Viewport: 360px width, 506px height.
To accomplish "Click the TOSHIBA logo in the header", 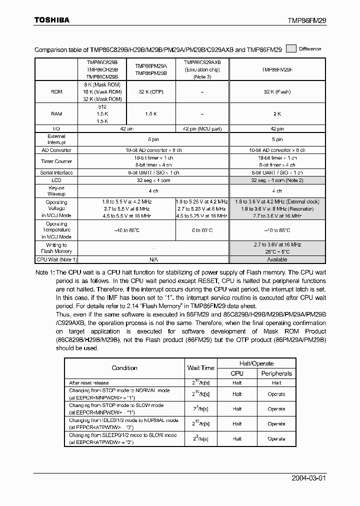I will [51, 20].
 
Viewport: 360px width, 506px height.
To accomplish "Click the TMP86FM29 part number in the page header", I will [306, 20].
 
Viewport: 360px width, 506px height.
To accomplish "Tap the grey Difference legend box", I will [290, 49].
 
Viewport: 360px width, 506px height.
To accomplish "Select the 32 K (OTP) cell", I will [150, 92].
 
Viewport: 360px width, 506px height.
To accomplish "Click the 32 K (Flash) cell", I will [277, 92].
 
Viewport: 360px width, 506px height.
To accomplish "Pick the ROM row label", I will [56, 92].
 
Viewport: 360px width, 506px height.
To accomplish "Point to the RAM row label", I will [56, 114].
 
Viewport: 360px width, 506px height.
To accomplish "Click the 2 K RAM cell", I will [277, 114].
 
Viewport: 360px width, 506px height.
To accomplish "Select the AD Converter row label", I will [56, 150].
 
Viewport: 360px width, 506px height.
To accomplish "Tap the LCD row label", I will [56, 180].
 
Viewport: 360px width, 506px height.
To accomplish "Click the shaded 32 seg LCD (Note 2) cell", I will [277, 180].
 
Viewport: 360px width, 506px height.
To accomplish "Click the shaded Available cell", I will [277, 259].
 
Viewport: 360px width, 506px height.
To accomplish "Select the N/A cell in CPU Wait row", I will [153, 259].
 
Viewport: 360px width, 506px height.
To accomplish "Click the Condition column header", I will [124, 368].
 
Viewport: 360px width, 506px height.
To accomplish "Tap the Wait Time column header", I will [200, 368].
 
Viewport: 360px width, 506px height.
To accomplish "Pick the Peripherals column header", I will [276, 373].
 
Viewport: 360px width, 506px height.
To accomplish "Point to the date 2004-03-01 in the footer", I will [308, 478].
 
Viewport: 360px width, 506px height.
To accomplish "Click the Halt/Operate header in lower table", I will [256, 363].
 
